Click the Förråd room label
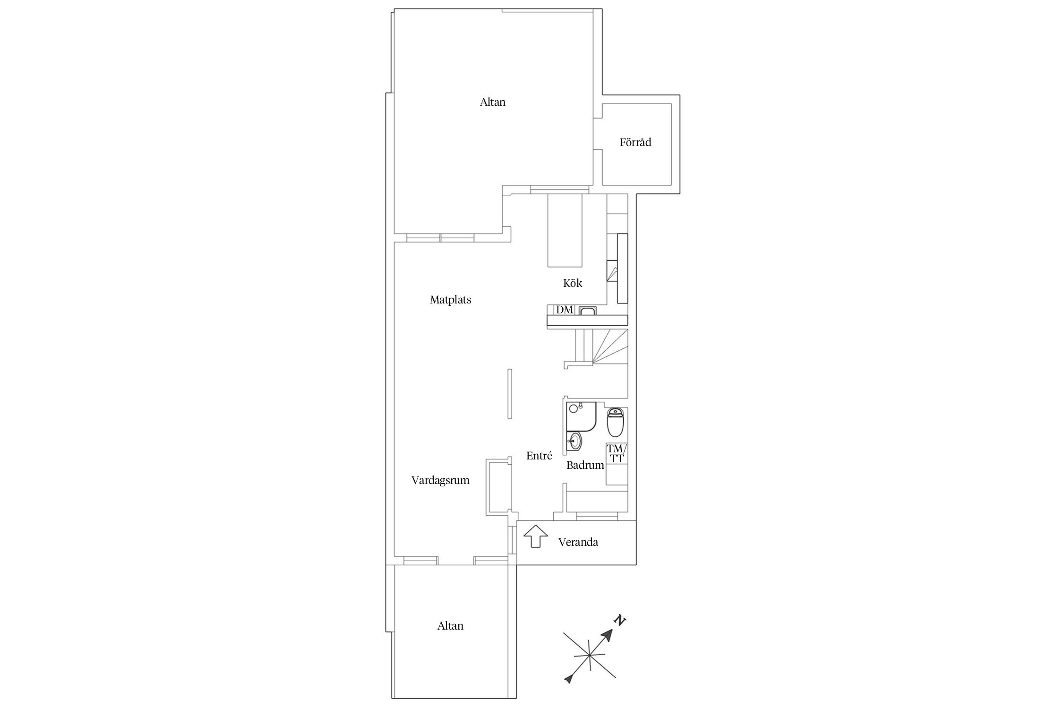pyautogui.click(x=635, y=142)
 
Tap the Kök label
pyautogui.click(x=573, y=283)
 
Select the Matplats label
pyautogui.click(x=451, y=300)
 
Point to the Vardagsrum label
pyautogui.click(x=440, y=481)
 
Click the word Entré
pyautogui.click(x=539, y=456)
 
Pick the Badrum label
pyautogui.click(x=585, y=465)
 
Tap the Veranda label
pyautogui.click(x=578, y=542)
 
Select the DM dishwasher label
pyautogui.click(x=565, y=310)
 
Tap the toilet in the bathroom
pyautogui.click(x=616, y=422)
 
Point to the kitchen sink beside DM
pyautogui.click(x=588, y=311)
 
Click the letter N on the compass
pyautogui.click(x=619, y=621)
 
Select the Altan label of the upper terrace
pyautogui.click(x=493, y=102)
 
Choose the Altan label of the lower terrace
pyautogui.click(x=450, y=626)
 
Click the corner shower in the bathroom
pyautogui.click(x=580, y=416)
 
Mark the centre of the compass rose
pyautogui.click(x=589, y=655)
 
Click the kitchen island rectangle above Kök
pyautogui.click(x=565, y=231)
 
